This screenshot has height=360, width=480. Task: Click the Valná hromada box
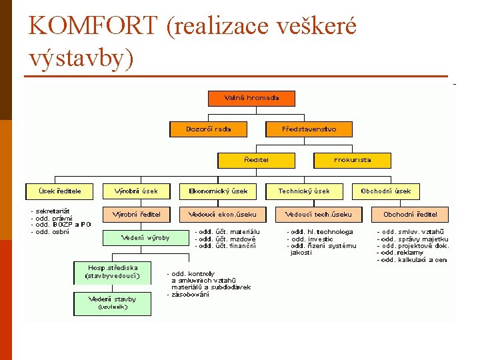(x=252, y=98)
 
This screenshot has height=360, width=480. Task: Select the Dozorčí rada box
(x=209, y=129)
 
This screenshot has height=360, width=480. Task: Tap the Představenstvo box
(x=309, y=129)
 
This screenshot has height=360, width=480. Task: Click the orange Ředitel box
(x=247, y=160)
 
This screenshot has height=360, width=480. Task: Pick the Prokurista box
(x=352, y=160)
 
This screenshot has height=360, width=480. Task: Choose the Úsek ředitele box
(x=60, y=191)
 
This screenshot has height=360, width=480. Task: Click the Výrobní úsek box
(x=136, y=191)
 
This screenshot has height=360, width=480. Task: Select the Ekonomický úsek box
(x=218, y=191)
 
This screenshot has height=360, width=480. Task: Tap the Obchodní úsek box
(x=386, y=191)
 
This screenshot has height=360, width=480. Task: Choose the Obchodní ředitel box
(x=410, y=215)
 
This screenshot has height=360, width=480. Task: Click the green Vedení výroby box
(x=145, y=237)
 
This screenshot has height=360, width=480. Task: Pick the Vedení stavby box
(x=112, y=303)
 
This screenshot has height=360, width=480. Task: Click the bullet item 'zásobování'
(x=190, y=295)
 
